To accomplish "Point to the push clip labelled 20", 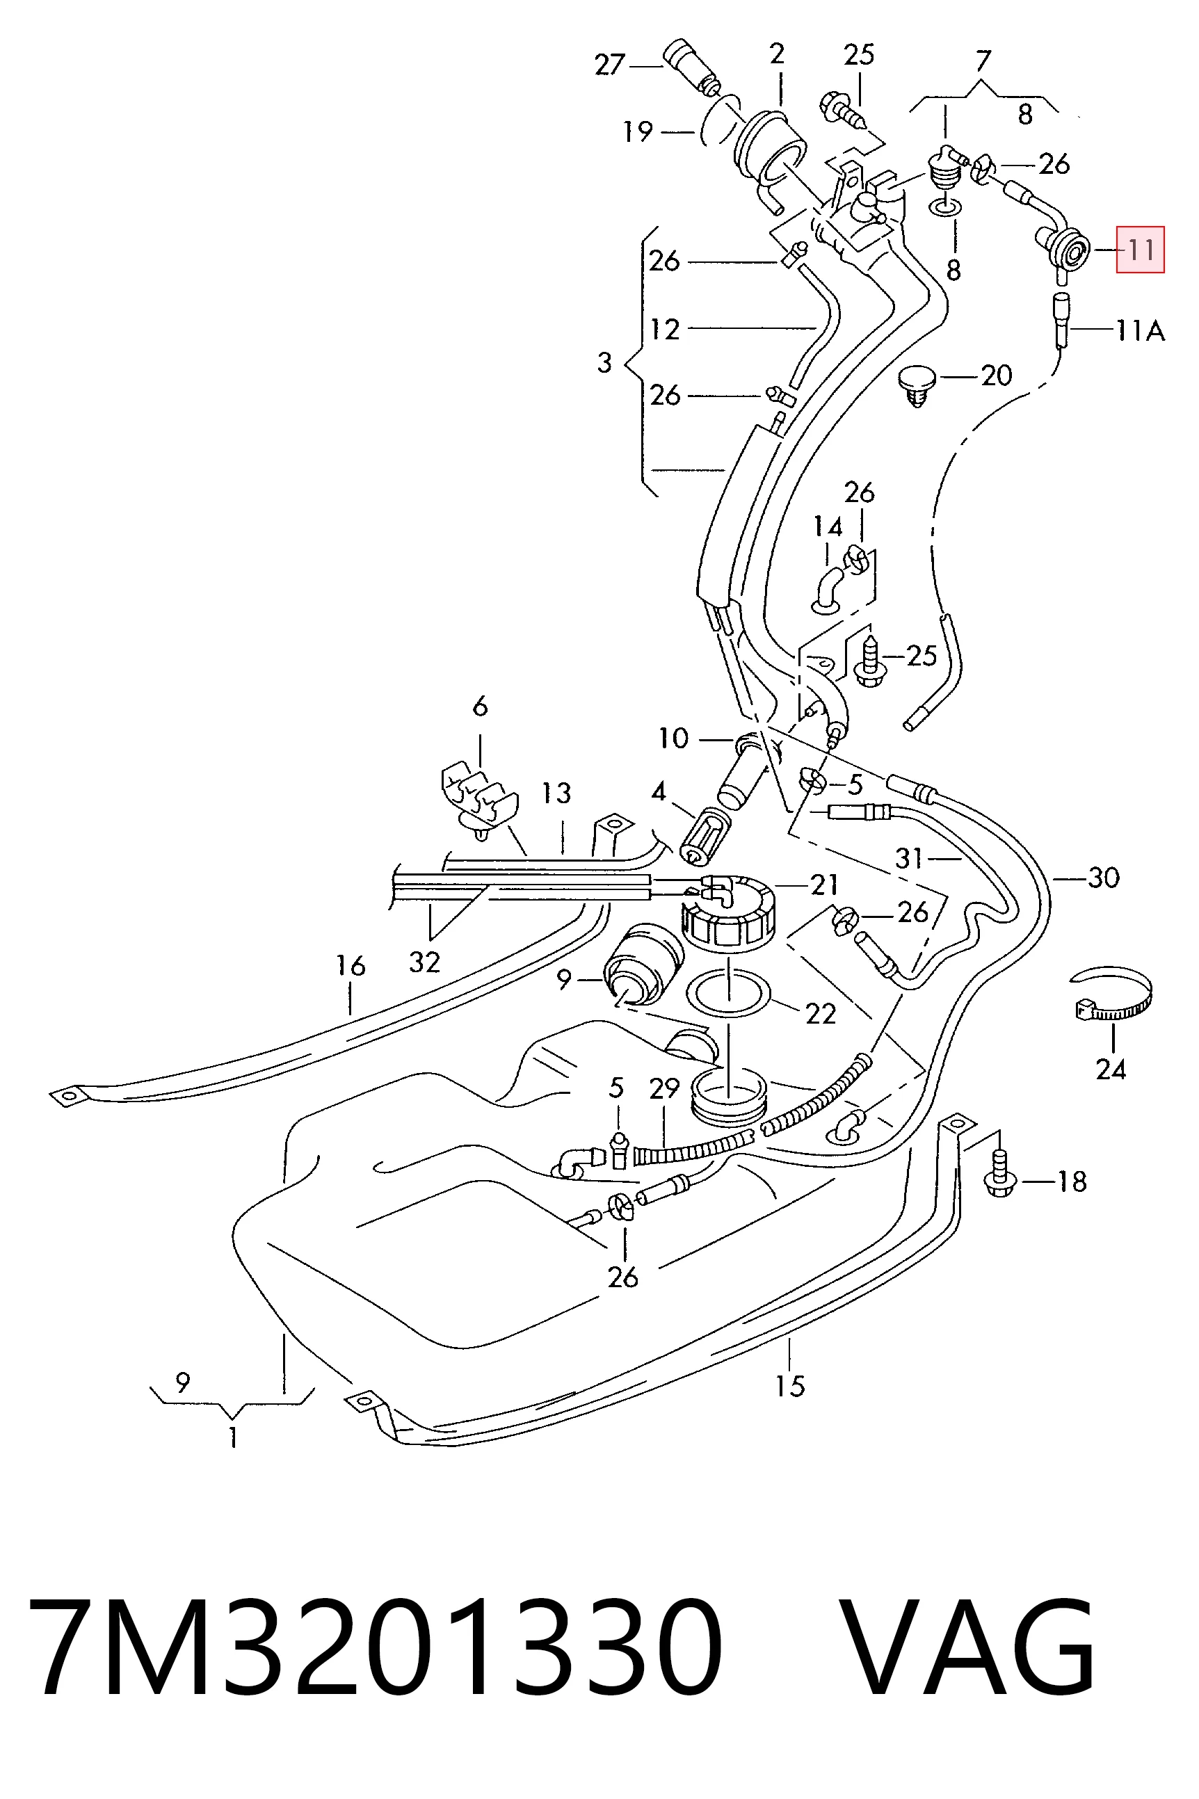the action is click(916, 385).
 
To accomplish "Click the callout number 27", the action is click(610, 65).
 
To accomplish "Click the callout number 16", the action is click(351, 966).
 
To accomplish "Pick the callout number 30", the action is click(1104, 878).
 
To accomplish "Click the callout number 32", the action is click(424, 962).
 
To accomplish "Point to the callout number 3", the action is click(604, 362).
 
